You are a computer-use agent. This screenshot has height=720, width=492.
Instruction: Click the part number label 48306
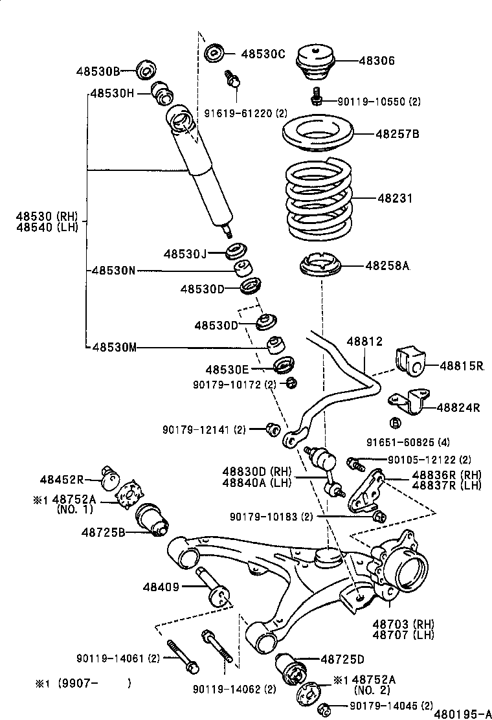point(377,61)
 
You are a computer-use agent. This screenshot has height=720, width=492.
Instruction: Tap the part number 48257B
point(397,134)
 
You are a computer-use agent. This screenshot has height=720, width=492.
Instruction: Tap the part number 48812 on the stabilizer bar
point(364,341)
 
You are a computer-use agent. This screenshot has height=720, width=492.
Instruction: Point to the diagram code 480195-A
point(462,713)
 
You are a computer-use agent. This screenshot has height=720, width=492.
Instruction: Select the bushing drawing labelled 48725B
point(153,519)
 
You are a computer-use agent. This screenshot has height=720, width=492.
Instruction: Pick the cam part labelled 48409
point(216,589)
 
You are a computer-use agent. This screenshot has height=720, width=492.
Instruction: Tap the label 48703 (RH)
point(403,624)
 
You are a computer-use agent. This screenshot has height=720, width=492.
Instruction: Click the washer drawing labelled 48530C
point(214,53)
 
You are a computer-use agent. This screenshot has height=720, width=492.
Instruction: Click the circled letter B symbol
point(395,423)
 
